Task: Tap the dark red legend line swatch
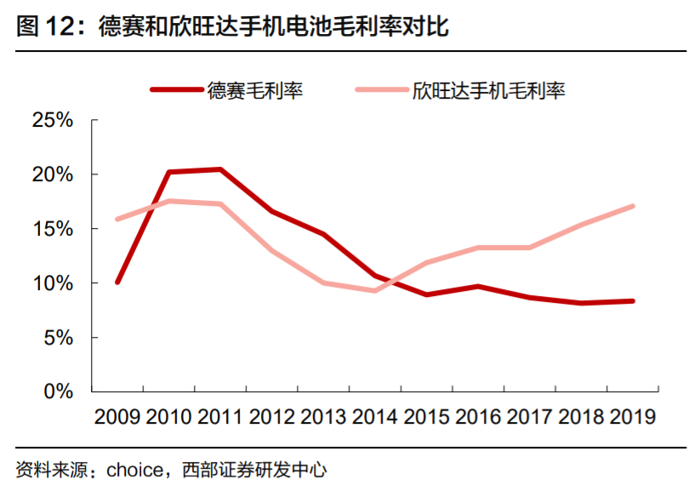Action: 176,89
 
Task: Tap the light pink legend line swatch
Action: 382,89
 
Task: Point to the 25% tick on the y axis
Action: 53,120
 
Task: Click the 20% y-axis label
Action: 53,174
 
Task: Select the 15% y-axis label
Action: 53,229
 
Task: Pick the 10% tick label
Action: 53,283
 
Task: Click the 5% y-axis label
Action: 60,338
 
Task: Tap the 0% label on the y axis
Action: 60,391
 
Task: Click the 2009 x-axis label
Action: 117,417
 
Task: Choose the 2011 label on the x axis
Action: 220,417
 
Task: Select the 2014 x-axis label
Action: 375,417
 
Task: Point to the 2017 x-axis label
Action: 530,417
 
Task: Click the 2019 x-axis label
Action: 633,417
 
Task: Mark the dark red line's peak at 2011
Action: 220,169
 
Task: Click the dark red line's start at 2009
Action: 117,282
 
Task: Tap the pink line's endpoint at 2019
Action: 633,206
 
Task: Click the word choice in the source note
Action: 130,471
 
